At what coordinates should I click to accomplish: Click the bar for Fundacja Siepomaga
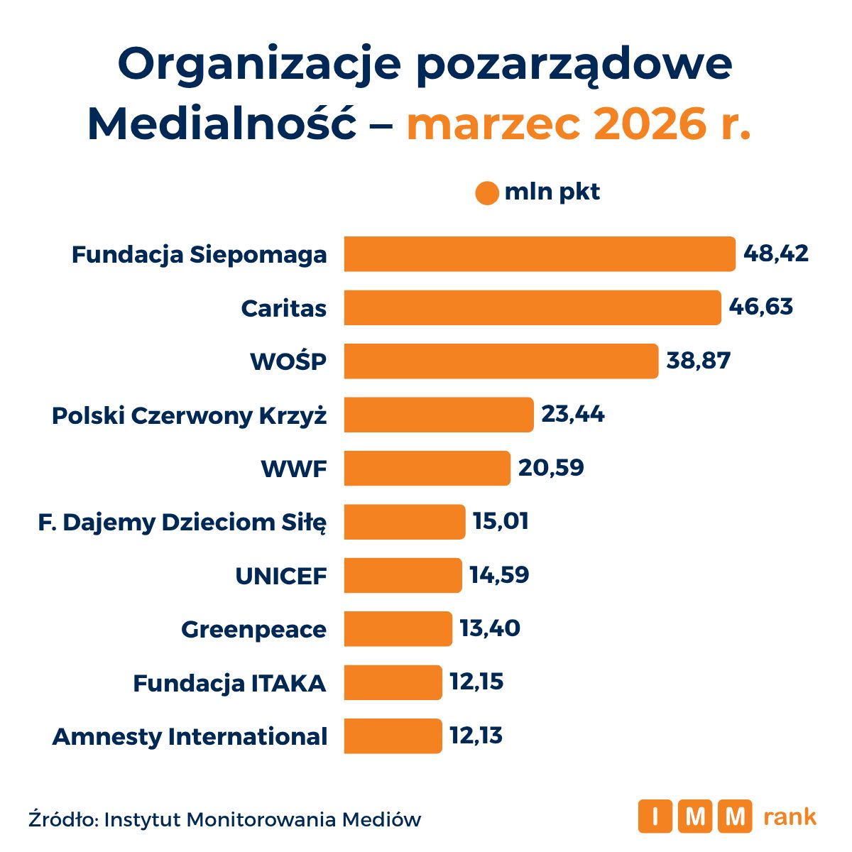tap(540, 254)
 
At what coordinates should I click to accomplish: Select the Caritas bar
tap(532, 307)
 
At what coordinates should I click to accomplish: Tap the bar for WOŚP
tap(501, 361)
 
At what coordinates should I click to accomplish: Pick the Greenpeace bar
tap(398, 629)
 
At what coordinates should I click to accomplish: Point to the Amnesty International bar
tap(393, 736)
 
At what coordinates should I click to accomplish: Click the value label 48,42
tap(776, 253)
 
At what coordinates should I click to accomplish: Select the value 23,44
tap(573, 414)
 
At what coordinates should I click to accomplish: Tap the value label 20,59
tap(551, 468)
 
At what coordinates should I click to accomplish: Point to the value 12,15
tap(476, 682)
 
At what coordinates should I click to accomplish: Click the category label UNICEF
tap(281, 576)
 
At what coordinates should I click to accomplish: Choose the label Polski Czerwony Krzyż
tap(190, 415)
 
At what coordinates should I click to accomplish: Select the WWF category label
tap(294, 469)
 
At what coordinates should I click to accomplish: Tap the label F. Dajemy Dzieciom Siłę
tap(182, 523)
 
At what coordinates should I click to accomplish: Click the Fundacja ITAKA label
tap(229, 683)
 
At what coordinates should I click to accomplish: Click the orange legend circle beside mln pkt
tap(487, 193)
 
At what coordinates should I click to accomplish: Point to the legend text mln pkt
tap(552, 192)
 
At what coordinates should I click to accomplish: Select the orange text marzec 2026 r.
tap(578, 125)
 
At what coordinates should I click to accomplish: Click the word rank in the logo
tap(790, 816)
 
